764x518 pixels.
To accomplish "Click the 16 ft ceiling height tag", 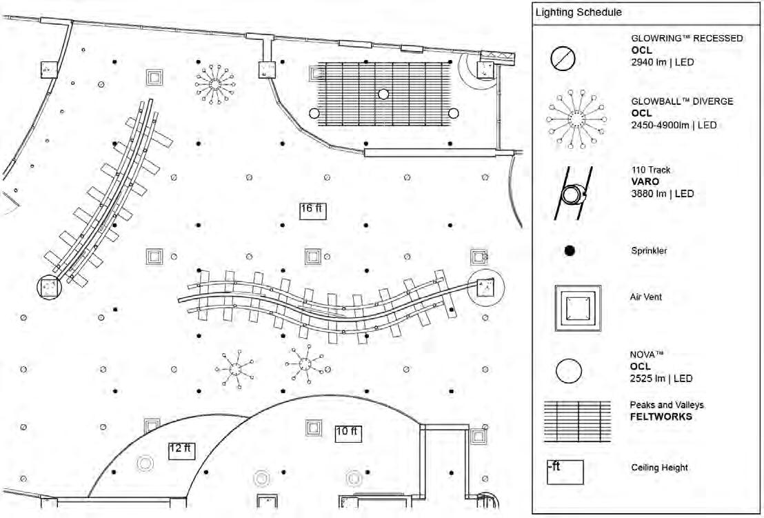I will coord(312,210).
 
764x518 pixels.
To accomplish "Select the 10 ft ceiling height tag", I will coord(347,433).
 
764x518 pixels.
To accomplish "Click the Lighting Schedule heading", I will coord(579,12).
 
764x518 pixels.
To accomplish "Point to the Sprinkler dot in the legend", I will coord(570,251).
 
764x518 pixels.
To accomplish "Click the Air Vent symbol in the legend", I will coord(578,304).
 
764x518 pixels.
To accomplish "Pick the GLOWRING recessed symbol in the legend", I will coord(563,59).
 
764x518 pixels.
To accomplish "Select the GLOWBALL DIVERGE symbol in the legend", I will coord(576,119).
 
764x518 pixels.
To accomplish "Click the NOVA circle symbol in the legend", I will coord(569,372).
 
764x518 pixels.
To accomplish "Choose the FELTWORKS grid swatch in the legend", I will coord(577,420).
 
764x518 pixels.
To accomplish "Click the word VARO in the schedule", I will coord(645,182).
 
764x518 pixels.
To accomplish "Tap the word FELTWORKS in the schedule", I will coord(661,417).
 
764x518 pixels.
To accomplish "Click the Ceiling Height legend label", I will coord(659,468).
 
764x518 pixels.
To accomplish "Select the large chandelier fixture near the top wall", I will coord(214,84).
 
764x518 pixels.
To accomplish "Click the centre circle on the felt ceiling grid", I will coord(383,94).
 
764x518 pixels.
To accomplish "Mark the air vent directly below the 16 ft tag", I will coord(314,257).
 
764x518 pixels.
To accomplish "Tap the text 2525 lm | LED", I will coord(662,379).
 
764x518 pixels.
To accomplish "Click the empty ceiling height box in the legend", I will coord(565,472).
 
